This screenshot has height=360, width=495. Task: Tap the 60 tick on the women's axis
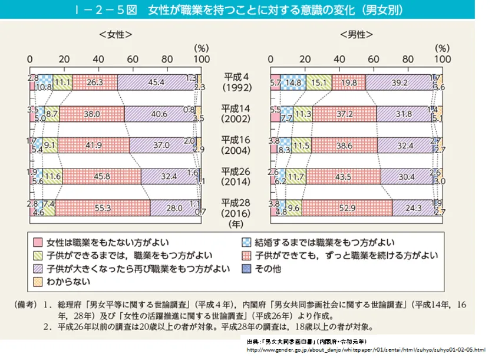(x=133, y=60)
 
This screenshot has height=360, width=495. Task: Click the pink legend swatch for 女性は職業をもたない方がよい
(x=38, y=242)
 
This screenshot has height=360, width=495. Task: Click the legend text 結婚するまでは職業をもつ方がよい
(x=318, y=242)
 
